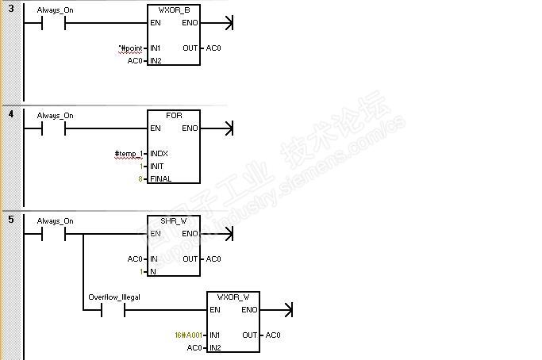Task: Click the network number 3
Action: click(x=10, y=8)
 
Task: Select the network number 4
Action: click(x=10, y=113)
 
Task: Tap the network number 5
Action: click(x=10, y=219)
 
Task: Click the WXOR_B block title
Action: click(x=173, y=10)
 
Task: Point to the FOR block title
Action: click(x=174, y=115)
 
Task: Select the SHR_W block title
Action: click(x=174, y=220)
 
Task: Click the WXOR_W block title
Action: click(x=233, y=297)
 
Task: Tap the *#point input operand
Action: click(x=130, y=48)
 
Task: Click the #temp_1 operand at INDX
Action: click(x=129, y=153)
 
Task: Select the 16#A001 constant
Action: click(x=189, y=335)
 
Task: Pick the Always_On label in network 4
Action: click(x=55, y=115)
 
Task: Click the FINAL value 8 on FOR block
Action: click(x=141, y=179)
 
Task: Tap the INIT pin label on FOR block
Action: click(x=156, y=167)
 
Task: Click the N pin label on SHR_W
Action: click(x=152, y=272)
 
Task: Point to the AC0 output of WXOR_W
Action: click(x=273, y=335)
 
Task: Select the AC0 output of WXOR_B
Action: click(x=213, y=48)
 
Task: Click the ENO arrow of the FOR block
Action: click(x=229, y=128)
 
